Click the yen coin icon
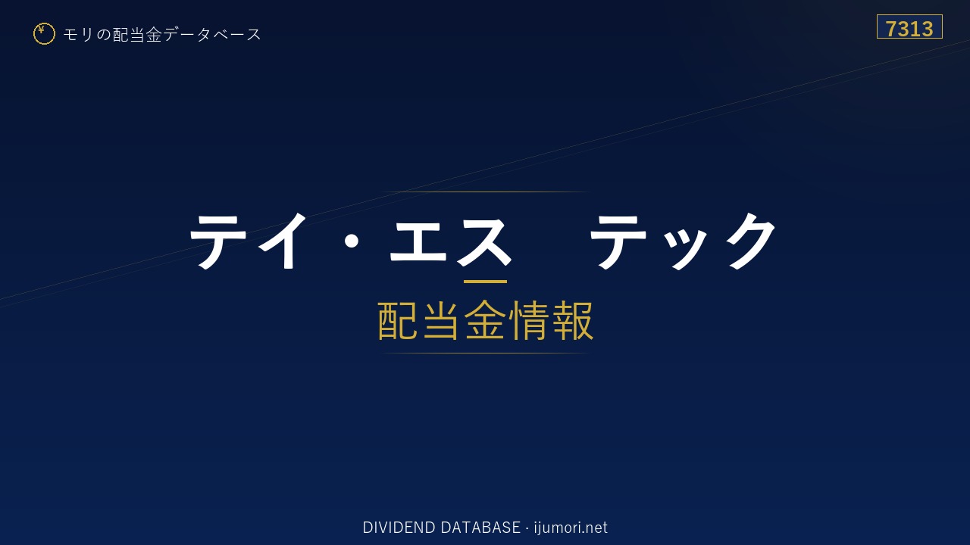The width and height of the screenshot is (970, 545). coord(44,34)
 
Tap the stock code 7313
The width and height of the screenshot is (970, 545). coord(909,29)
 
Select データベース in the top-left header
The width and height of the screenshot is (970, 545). coord(212,34)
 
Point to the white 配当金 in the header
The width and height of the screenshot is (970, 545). coord(137,35)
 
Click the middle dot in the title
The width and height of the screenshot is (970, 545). coord(352,241)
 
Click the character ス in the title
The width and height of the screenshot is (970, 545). coord(484,241)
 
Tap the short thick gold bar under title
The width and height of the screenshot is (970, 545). coord(485,282)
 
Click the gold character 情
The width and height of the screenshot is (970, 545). coord(529,320)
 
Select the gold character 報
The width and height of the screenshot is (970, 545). coord(573,320)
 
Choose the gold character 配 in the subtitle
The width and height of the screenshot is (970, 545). coord(398,320)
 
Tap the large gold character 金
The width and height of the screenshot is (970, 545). coord(485,320)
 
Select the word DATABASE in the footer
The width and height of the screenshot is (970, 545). coord(480,528)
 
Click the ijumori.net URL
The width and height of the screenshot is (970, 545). coord(571,528)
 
